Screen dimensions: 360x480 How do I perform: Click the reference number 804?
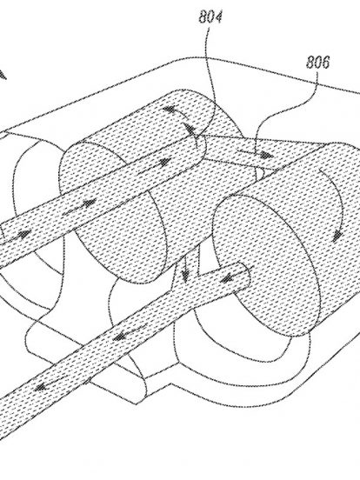pyautogui.click(x=210, y=17)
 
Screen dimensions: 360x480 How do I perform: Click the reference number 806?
pyautogui.click(x=318, y=63)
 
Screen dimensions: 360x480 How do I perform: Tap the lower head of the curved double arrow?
pyautogui.click(x=190, y=129)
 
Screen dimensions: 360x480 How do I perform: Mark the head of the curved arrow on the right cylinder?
pyautogui.click(x=337, y=237)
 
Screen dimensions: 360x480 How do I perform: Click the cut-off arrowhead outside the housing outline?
pyautogui.click(x=3, y=75)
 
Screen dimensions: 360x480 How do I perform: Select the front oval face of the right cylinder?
pyautogui.click(x=266, y=266)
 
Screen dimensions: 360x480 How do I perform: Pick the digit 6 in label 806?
pyautogui.click(x=325, y=63)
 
